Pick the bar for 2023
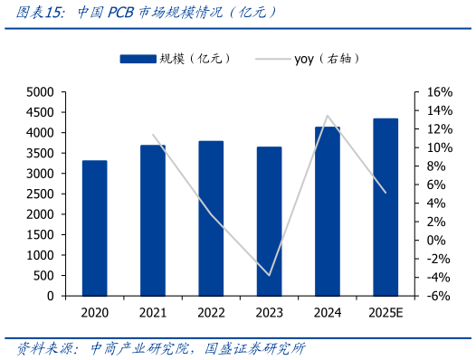click(269, 221)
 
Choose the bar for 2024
click(328, 211)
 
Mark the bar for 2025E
click(386, 207)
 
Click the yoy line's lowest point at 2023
click(269, 275)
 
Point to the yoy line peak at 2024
click(328, 116)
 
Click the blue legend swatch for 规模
click(137, 59)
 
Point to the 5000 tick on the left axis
click(41, 92)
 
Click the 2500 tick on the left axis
click(41, 194)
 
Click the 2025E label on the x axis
click(386, 313)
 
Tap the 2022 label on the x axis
click(211, 313)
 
